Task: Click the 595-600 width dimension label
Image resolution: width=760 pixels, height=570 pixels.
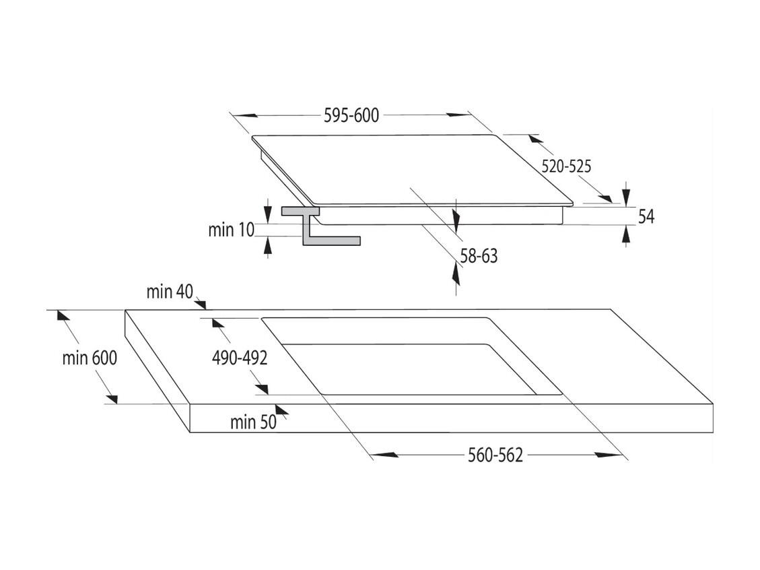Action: [351, 115]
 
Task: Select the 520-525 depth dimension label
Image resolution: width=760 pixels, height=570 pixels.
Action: [566, 166]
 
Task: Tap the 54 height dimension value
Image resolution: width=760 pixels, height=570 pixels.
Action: [646, 216]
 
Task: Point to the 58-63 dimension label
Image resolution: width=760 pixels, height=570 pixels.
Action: [479, 255]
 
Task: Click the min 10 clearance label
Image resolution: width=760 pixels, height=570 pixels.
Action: [231, 230]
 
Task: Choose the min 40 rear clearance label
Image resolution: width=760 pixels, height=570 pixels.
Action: [170, 292]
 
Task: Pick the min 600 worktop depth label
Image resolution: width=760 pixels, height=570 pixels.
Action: [90, 358]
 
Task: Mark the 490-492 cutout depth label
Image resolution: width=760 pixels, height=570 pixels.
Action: [240, 358]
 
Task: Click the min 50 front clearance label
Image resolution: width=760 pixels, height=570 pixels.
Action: [253, 422]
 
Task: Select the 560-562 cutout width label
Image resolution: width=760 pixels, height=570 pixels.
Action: [495, 455]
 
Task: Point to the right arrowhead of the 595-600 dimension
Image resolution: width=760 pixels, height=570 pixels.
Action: [458, 115]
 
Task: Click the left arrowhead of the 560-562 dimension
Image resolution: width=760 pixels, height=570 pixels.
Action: [385, 455]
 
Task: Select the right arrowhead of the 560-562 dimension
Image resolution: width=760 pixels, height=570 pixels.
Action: [608, 455]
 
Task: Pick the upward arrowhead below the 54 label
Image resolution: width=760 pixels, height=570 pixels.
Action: [626, 236]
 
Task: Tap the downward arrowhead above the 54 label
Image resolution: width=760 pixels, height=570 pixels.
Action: [626, 194]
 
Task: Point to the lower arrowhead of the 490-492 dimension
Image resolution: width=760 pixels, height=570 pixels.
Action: [262, 389]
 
